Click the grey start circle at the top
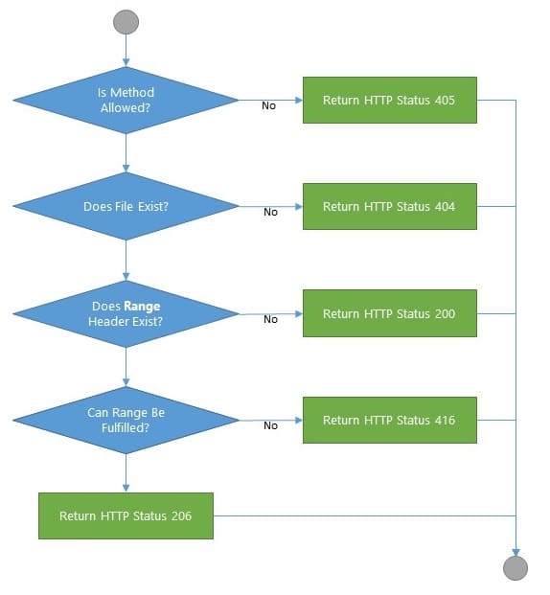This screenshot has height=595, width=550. [126, 22]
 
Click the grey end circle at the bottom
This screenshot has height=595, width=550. [516, 568]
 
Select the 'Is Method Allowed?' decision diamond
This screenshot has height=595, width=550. [126, 100]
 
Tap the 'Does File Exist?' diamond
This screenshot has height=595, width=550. [126, 206]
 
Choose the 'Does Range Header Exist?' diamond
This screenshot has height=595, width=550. [126, 313]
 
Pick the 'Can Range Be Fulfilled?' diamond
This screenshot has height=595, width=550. [126, 420]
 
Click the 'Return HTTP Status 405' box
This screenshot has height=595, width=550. [389, 100]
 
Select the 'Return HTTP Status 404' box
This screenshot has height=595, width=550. [389, 206]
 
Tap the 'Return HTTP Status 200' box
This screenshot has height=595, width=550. [389, 313]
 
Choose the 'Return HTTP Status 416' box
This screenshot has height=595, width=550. [389, 420]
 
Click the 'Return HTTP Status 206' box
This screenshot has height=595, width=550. [126, 515]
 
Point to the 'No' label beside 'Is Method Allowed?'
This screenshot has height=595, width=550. [269, 105]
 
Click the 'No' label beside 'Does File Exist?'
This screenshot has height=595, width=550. [270, 212]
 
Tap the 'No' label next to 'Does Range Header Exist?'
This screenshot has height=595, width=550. [270, 319]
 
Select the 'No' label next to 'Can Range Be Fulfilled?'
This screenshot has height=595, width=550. [270, 425]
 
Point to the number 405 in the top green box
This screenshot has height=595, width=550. [444, 100]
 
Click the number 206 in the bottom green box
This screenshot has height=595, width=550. [180, 515]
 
